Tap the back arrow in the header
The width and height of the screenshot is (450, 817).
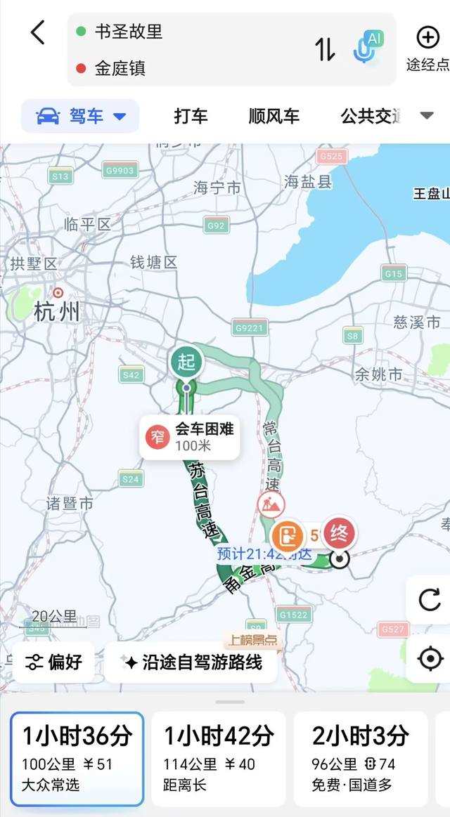pyautogui.click(x=38, y=32)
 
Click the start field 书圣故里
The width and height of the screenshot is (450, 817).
pyautogui.click(x=129, y=32)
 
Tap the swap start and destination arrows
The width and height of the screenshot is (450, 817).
pyautogui.click(x=325, y=48)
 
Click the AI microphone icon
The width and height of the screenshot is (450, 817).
pyautogui.click(x=367, y=46)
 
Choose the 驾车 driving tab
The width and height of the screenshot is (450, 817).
pyautogui.click(x=80, y=116)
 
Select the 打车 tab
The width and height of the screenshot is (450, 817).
pyautogui.click(x=191, y=116)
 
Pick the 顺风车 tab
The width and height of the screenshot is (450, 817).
pyautogui.click(x=274, y=116)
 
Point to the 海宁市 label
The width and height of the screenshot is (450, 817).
pyautogui.click(x=217, y=188)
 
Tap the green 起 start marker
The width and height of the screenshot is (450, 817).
pyautogui.click(x=186, y=362)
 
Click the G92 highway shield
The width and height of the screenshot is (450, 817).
pyautogui.click(x=216, y=226)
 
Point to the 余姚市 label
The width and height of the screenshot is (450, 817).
pyautogui.click(x=379, y=374)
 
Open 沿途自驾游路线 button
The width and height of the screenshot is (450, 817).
pyautogui.click(x=191, y=662)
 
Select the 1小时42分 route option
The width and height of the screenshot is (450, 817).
pyautogui.click(x=219, y=759)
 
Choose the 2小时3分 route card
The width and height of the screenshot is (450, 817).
pyautogui.click(x=361, y=759)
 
